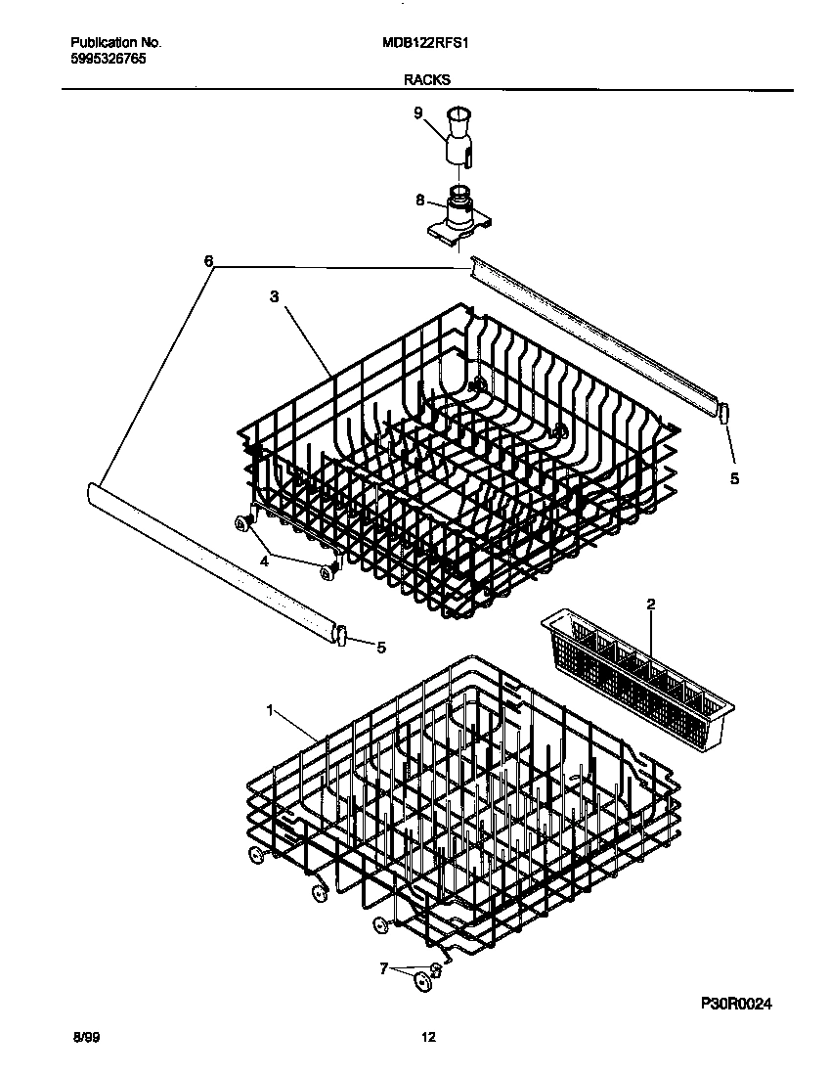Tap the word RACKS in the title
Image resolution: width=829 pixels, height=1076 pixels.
[427, 81]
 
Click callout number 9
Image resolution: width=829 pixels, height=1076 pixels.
[418, 113]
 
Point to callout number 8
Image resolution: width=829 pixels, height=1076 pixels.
[420, 200]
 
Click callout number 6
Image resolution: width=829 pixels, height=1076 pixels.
[207, 261]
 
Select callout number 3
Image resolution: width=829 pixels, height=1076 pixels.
[275, 294]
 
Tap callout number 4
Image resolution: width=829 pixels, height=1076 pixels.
[263, 560]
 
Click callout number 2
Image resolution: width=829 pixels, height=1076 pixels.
[650, 604]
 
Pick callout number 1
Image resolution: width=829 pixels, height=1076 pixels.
[271, 711]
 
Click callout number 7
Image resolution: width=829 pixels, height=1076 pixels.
[384, 968]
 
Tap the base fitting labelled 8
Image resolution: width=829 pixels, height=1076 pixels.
[456, 217]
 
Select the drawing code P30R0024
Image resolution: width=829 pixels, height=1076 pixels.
[743, 1004]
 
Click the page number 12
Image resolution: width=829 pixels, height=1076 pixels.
[427, 1039]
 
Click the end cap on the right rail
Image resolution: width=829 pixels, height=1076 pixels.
[724, 414]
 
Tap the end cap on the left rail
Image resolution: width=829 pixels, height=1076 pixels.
[341, 635]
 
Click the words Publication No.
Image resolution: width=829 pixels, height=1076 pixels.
[116, 43]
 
